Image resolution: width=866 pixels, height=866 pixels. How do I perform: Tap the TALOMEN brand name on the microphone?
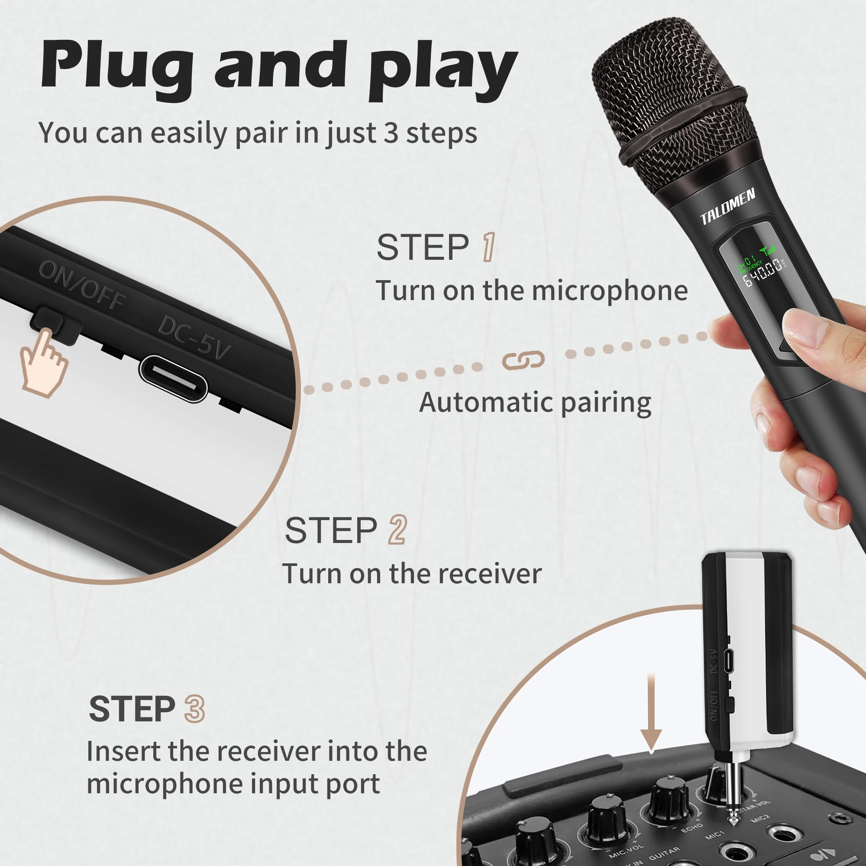pyautogui.click(x=727, y=206)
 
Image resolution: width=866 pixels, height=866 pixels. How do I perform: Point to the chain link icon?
pyautogui.click(x=523, y=360)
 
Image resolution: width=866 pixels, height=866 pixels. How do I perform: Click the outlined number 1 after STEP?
pyautogui.click(x=488, y=247)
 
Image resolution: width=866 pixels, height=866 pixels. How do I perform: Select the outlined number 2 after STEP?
pyautogui.click(x=397, y=530)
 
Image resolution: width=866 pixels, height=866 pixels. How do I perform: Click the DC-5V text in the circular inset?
pyautogui.click(x=194, y=338)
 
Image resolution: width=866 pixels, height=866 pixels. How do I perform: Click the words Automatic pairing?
pyautogui.click(x=535, y=402)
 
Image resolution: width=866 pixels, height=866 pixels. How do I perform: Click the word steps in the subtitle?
pyautogui.click(x=441, y=133)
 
